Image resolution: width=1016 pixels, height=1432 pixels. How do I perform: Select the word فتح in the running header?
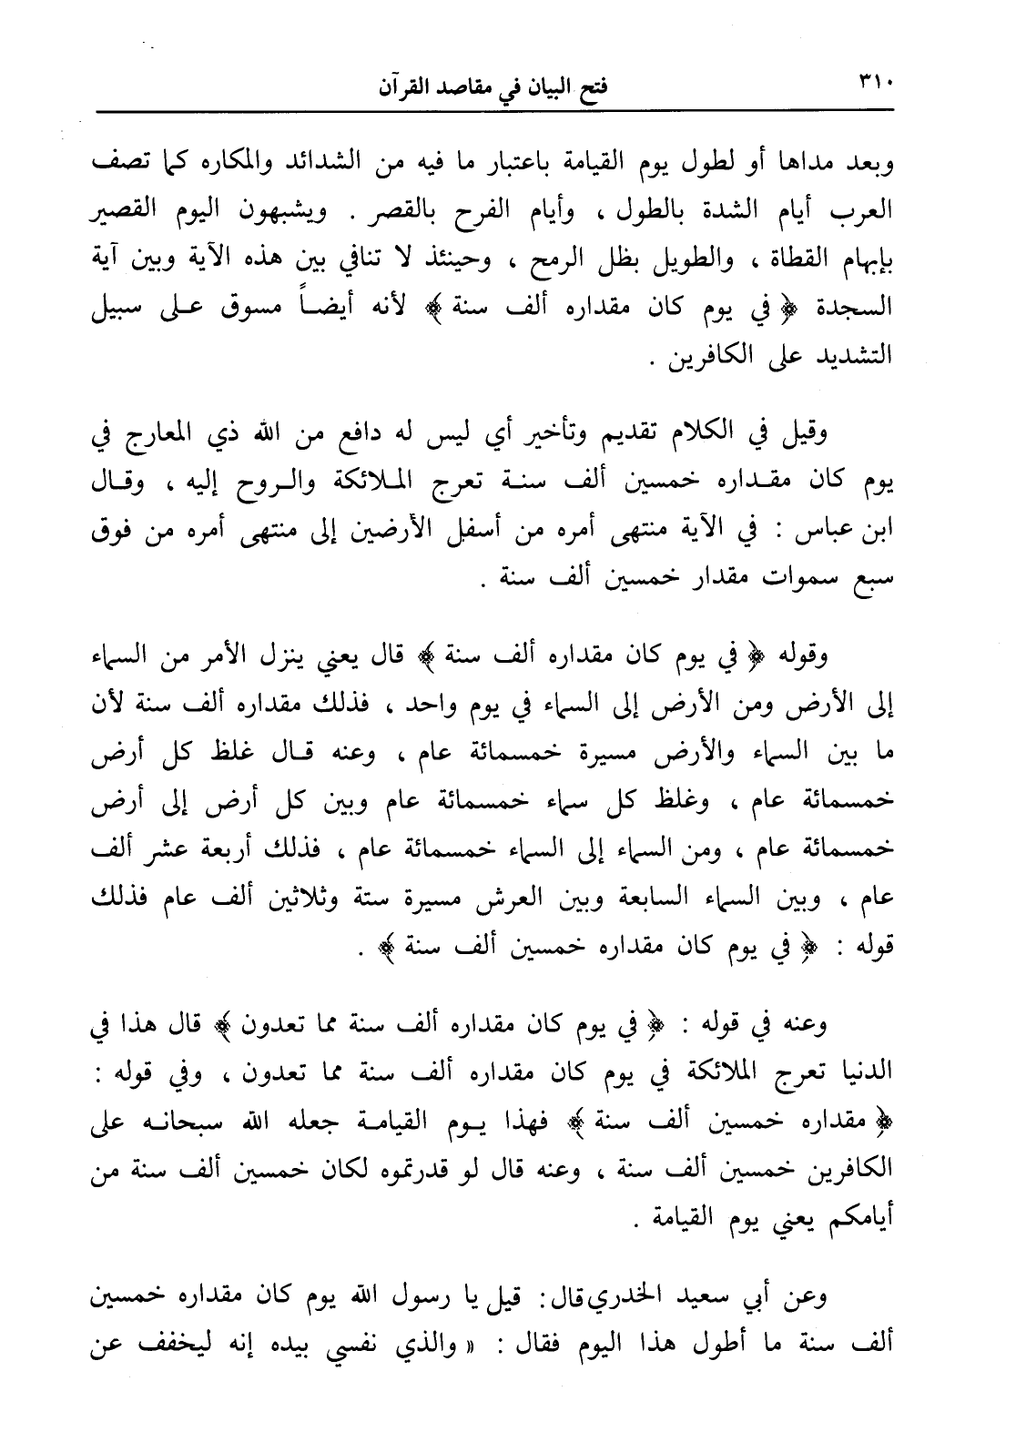592,91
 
